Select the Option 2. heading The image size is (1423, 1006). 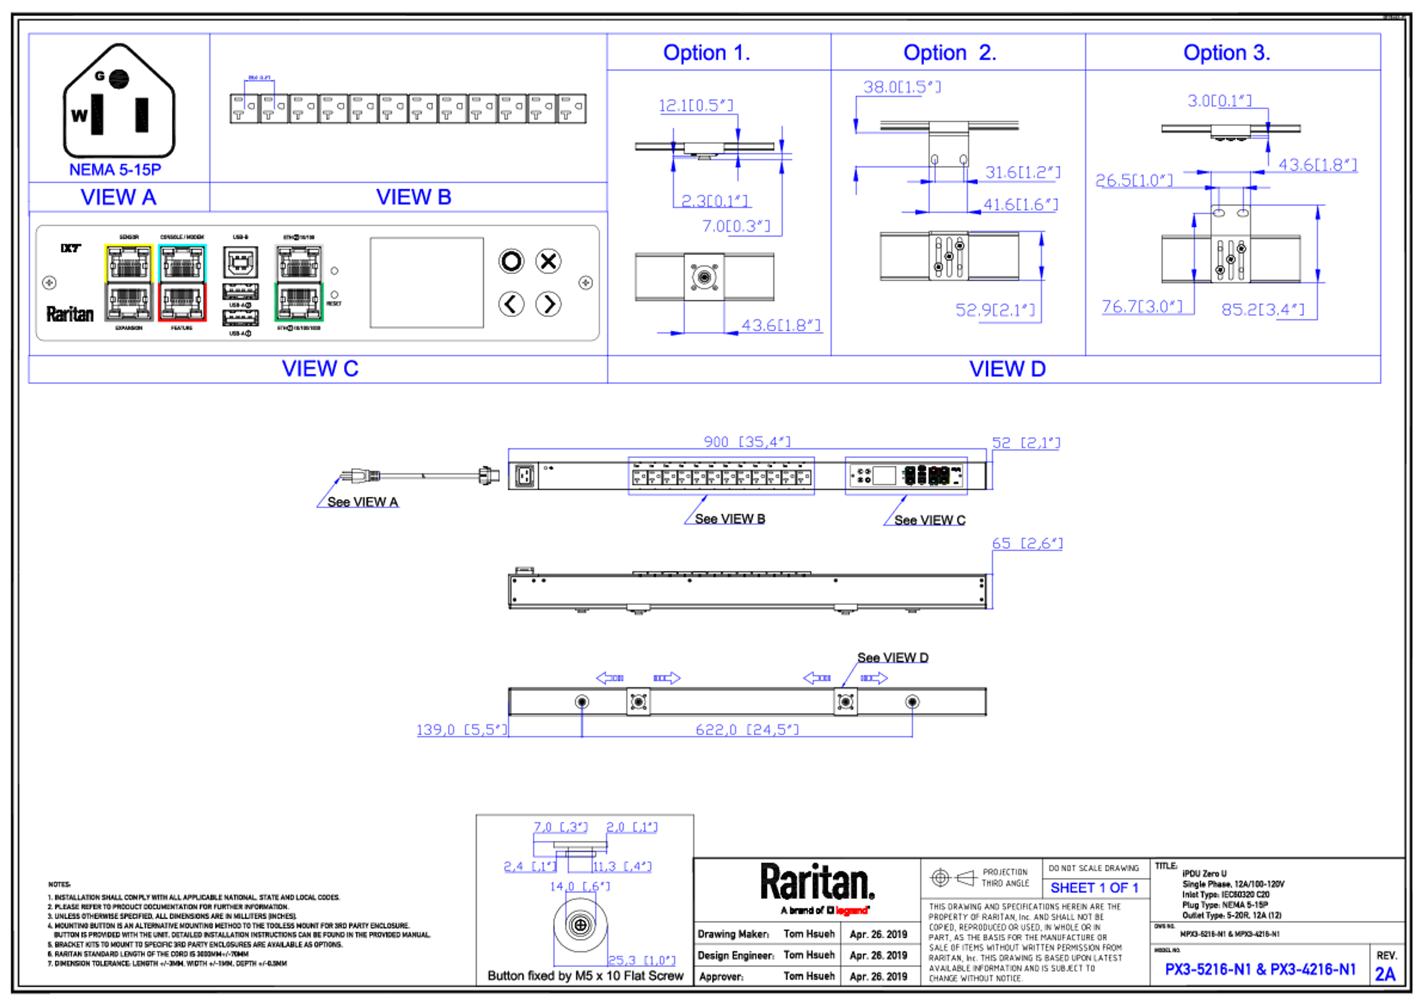(x=949, y=53)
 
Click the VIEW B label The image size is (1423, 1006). (x=414, y=198)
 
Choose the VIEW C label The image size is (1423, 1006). (x=321, y=369)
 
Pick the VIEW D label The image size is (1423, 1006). (x=1007, y=369)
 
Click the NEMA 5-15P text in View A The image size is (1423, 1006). (x=115, y=169)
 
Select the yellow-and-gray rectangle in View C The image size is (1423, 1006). (x=129, y=283)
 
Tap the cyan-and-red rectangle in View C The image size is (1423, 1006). (x=183, y=283)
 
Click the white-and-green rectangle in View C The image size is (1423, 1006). (x=299, y=283)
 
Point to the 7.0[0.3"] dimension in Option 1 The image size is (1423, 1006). (x=736, y=227)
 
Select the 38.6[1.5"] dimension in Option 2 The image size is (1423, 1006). (x=902, y=87)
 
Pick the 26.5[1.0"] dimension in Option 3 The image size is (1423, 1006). (x=1134, y=180)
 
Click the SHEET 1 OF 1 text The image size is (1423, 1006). (x=1094, y=888)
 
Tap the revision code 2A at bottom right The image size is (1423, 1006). (x=1386, y=974)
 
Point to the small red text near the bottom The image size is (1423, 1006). (x=852, y=910)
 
